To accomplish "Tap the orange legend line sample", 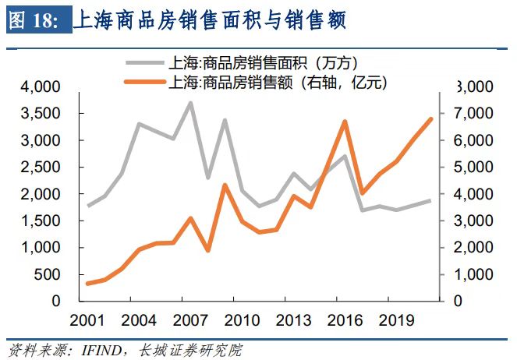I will click(145, 81).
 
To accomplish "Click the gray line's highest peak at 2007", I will click(190, 103).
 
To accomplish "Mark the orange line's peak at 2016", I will click(344, 122).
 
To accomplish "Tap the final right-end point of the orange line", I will click(432, 118).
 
